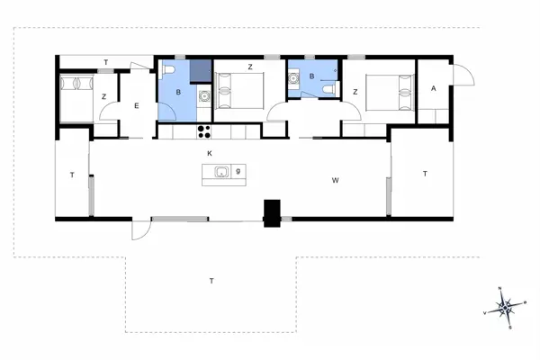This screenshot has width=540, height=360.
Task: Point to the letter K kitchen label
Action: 209,155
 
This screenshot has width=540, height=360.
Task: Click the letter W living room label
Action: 335,181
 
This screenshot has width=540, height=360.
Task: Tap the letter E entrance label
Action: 137,106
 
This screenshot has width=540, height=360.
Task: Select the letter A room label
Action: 434,88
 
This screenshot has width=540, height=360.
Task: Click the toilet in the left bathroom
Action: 171,72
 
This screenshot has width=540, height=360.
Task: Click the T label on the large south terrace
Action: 211,282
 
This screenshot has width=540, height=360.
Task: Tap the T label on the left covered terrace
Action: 71,175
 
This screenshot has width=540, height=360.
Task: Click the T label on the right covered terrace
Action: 424,173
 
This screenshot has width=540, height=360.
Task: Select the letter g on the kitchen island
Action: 238,170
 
